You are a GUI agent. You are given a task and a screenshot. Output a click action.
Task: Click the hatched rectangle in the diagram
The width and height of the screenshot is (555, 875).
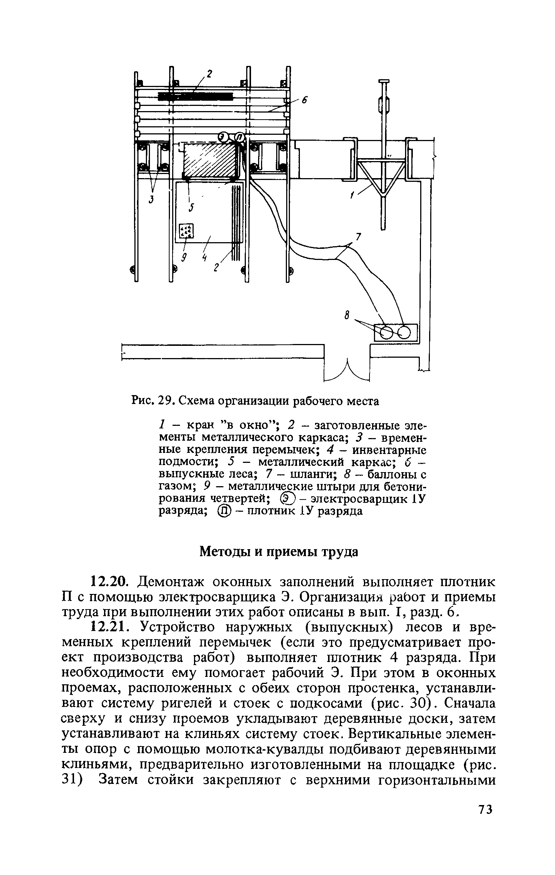click(210, 160)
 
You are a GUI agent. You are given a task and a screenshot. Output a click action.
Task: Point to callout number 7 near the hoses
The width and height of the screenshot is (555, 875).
click(358, 237)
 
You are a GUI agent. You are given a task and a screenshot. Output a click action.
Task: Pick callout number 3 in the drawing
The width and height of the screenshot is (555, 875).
click(151, 200)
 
